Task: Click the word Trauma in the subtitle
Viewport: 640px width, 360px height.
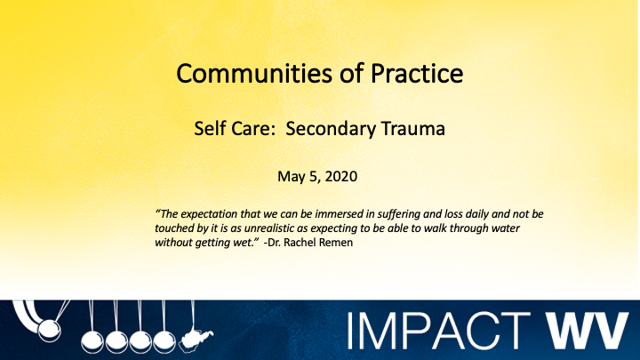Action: [414, 129]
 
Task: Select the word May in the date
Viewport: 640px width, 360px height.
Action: [292, 177]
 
